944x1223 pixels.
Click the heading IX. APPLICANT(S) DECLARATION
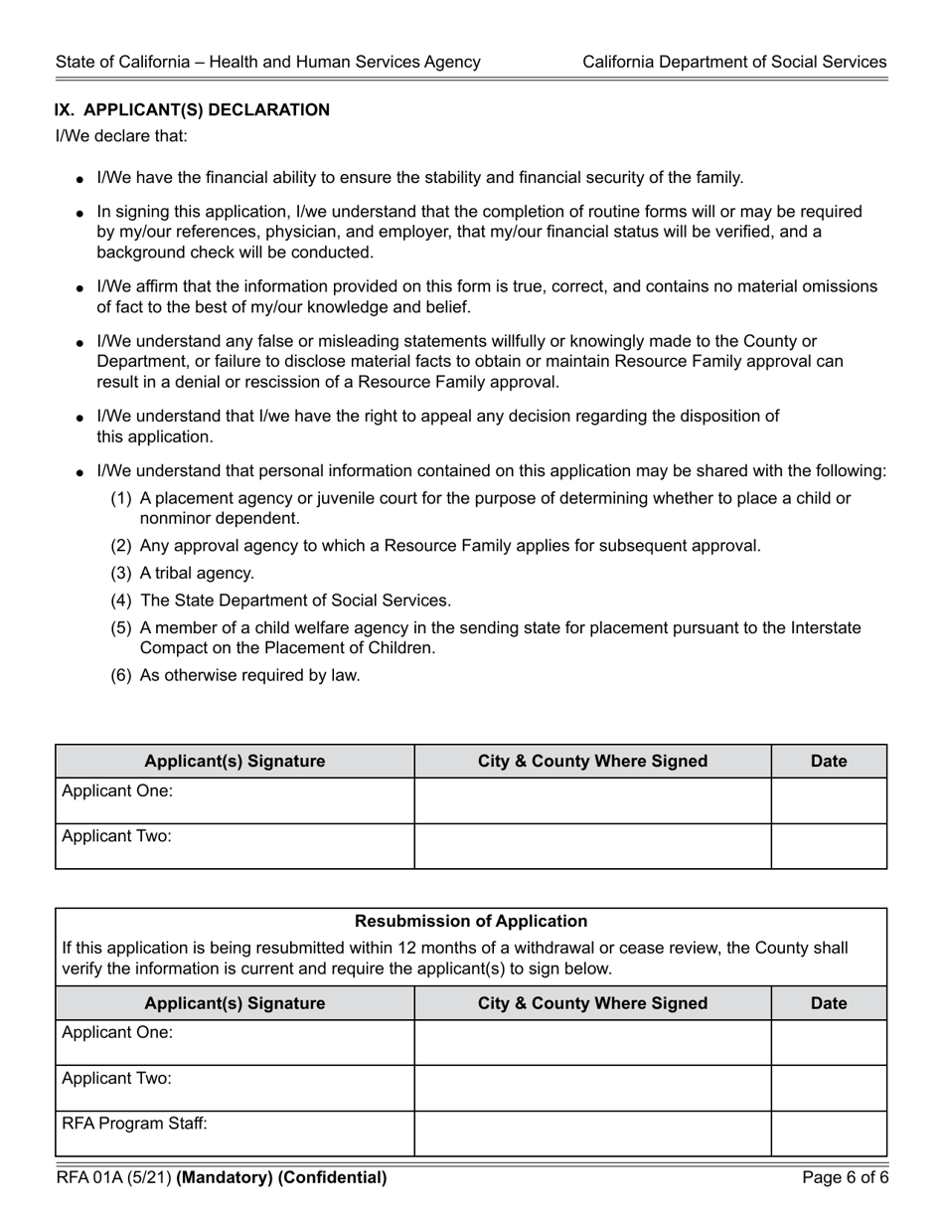[192, 109]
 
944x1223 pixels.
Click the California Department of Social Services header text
[733, 62]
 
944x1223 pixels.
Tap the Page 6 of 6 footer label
[845, 1178]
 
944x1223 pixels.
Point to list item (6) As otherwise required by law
[236, 676]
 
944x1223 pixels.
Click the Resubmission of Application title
[471, 922]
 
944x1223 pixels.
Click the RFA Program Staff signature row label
[135, 1125]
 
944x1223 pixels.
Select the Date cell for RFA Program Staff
[829, 1134]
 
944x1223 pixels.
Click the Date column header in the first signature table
[829, 762]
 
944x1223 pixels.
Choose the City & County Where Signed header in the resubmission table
[592, 1003]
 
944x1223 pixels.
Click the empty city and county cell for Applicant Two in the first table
[592, 846]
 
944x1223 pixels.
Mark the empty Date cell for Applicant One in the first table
[829, 800]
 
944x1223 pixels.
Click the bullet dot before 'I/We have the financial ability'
[80, 180]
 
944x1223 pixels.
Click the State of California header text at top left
[268, 62]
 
